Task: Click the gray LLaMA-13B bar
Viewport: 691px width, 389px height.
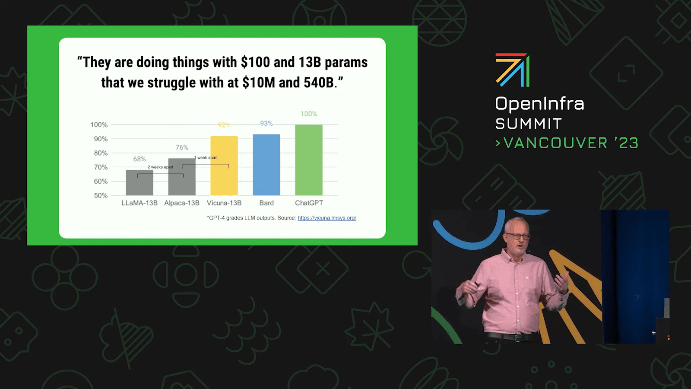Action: click(x=139, y=182)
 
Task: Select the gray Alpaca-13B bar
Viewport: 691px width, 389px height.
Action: click(x=182, y=177)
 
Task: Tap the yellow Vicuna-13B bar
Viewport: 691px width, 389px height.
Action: click(x=224, y=166)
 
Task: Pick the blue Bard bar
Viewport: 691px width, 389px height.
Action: click(x=266, y=165)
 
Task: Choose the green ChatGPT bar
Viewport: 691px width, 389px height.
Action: click(x=309, y=160)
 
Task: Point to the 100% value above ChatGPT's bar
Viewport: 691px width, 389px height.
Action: click(x=309, y=114)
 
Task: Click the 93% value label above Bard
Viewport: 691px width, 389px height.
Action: click(x=266, y=124)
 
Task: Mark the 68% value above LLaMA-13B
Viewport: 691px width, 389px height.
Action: click(x=139, y=159)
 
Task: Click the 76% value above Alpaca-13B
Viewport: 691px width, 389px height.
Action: click(x=182, y=147)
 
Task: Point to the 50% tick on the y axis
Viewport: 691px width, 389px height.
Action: click(x=101, y=195)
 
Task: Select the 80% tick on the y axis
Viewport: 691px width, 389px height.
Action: click(x=101, y=153)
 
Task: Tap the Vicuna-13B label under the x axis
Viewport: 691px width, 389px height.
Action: click(x=224, y=203)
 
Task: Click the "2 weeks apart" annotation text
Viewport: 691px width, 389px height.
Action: click(x=160, y=167)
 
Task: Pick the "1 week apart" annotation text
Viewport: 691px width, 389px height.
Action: click(x=206, y=157)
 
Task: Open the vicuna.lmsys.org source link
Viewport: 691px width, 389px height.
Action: click(x=327, y=218)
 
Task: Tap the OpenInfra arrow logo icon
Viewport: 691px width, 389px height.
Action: click(x=513, y=70)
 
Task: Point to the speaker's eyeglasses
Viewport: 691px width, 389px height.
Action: click(x=517, y=236)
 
